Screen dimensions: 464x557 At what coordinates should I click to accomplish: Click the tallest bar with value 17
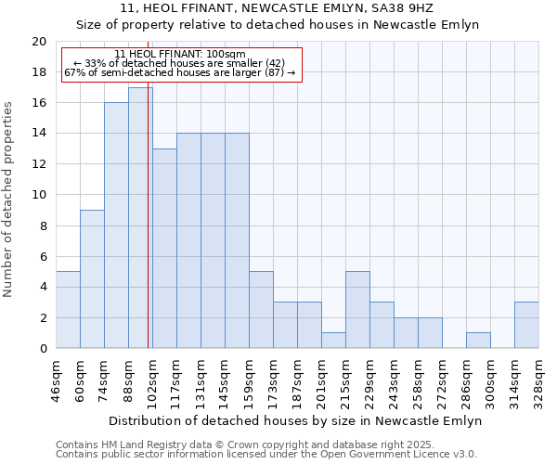[x=140, y=218]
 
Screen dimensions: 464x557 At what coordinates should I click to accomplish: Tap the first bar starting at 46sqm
[x=68, y=310]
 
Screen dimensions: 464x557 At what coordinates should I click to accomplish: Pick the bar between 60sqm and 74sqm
[x=92, y=279]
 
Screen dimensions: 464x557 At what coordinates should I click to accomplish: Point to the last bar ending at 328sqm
[x=526, y=325]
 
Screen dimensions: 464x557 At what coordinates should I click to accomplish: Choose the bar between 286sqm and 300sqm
[x=478, y=341]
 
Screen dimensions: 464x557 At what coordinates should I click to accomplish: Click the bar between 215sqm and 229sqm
[x=357, y=310]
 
